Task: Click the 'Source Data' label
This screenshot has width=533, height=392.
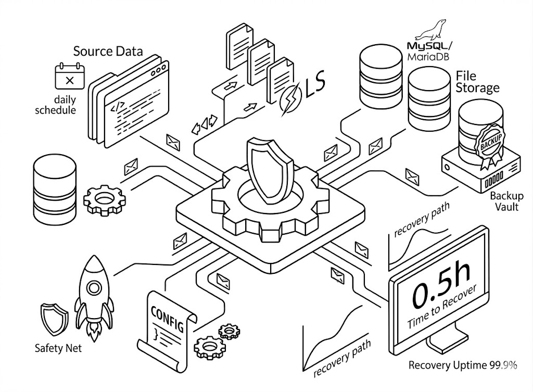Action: tap(108, 52)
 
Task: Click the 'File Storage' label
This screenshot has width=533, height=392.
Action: tap(476, 81)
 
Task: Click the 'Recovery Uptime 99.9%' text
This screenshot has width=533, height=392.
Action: tap(463, 365)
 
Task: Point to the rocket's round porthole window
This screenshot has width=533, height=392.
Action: tap(94, 287)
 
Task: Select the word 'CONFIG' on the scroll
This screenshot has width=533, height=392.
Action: tap(167, 319)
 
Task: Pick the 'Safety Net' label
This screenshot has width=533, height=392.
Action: tap(58, 348)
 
